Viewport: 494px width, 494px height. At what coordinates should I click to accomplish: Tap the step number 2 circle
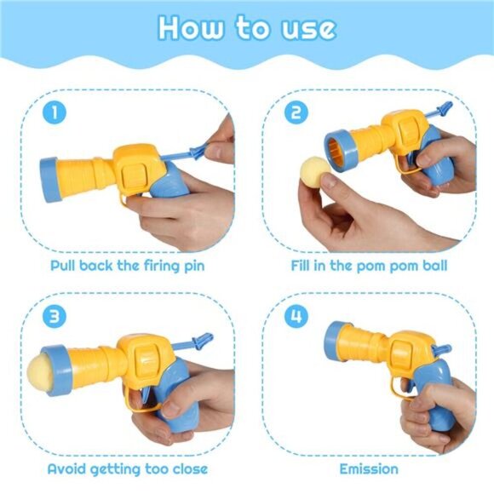click(296, 112)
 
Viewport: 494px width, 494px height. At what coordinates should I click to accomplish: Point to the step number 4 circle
click(296, 317)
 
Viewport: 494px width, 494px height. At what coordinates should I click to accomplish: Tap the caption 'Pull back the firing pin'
click(127, 265)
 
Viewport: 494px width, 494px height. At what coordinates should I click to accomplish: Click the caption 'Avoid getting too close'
click(127, 468)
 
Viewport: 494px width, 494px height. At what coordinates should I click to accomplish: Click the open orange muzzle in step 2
click(339, 154)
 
